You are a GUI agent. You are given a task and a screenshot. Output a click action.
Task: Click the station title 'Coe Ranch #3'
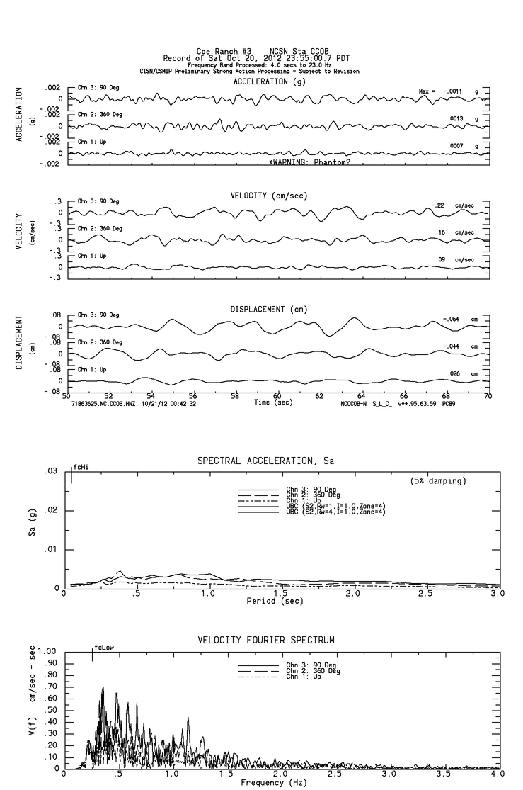[220, 52]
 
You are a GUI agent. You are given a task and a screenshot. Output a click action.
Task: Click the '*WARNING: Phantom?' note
[310, 162]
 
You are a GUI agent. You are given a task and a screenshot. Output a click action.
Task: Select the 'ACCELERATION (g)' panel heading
[270, 82]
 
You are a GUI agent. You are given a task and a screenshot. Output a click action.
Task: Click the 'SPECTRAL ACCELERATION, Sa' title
[265, 461]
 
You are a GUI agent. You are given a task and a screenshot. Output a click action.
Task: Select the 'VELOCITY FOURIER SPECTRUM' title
[266, 641]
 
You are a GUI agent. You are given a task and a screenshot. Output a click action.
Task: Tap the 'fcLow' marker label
[103, 648]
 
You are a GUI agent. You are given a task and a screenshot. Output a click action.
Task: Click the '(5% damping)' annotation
[439, 481]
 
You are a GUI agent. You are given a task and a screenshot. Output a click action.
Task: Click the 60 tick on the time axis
[278, 396]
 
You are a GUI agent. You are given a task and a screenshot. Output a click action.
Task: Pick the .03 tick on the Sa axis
[51, 471]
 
